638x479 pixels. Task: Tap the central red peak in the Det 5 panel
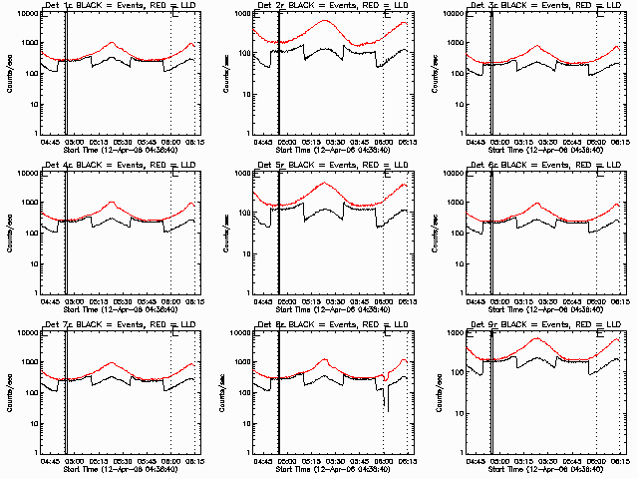(x=326, y=184)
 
